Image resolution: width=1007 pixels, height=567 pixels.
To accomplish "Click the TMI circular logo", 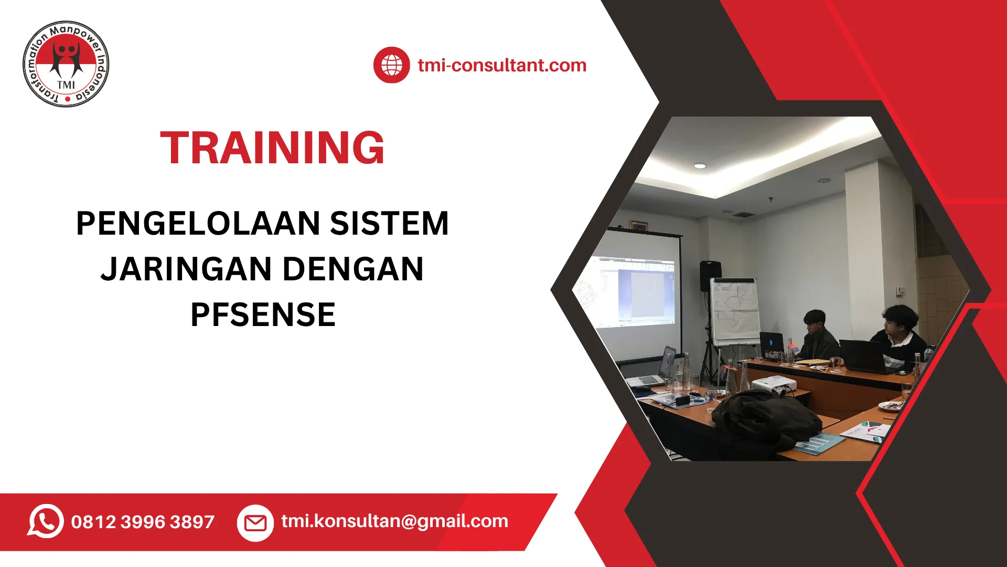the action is (66, 64).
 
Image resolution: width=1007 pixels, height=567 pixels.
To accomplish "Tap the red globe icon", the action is (391, 65).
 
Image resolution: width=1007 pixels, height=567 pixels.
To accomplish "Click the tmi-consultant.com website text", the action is (502, 65).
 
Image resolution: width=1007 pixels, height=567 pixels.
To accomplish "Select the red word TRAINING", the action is (272, 148).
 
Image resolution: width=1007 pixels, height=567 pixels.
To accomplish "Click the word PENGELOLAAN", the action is (198, 223).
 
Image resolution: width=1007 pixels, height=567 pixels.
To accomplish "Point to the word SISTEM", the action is (389, 223).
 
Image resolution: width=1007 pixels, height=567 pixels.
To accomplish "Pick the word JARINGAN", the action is (186, 269).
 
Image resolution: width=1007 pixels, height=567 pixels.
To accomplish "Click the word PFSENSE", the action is (263, 314).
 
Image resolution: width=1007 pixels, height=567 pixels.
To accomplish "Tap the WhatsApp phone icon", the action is (46, 521).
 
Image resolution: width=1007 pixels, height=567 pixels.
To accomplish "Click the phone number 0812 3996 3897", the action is (143, 522).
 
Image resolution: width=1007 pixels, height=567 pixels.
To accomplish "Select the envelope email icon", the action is (255, 523).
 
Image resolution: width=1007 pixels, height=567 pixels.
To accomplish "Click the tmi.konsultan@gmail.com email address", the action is (394, 521).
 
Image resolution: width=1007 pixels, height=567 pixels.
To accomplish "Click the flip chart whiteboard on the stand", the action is (735, 311).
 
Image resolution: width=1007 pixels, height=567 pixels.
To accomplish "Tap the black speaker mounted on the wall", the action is (710, 276).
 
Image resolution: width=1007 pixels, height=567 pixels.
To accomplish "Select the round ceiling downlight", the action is (700, 166).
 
